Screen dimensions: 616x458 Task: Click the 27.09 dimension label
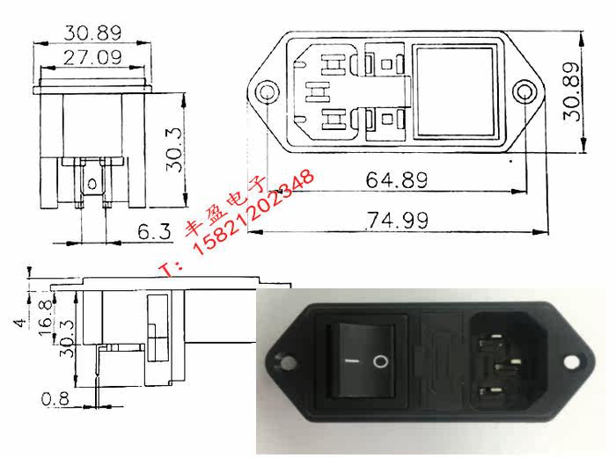coord(92,57)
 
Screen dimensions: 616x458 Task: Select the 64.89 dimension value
coord(396,180)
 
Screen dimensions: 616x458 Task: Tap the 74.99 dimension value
coord(397,220)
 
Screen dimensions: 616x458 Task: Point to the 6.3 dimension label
coord(154,231)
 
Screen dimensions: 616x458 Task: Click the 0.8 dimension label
coord(55,399)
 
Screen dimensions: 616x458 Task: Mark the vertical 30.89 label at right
coord(572,91)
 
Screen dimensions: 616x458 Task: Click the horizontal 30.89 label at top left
coord(92,33)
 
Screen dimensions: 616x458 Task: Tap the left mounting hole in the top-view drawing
coord(268,93)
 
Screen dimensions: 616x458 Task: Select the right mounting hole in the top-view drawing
coord(524,92)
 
